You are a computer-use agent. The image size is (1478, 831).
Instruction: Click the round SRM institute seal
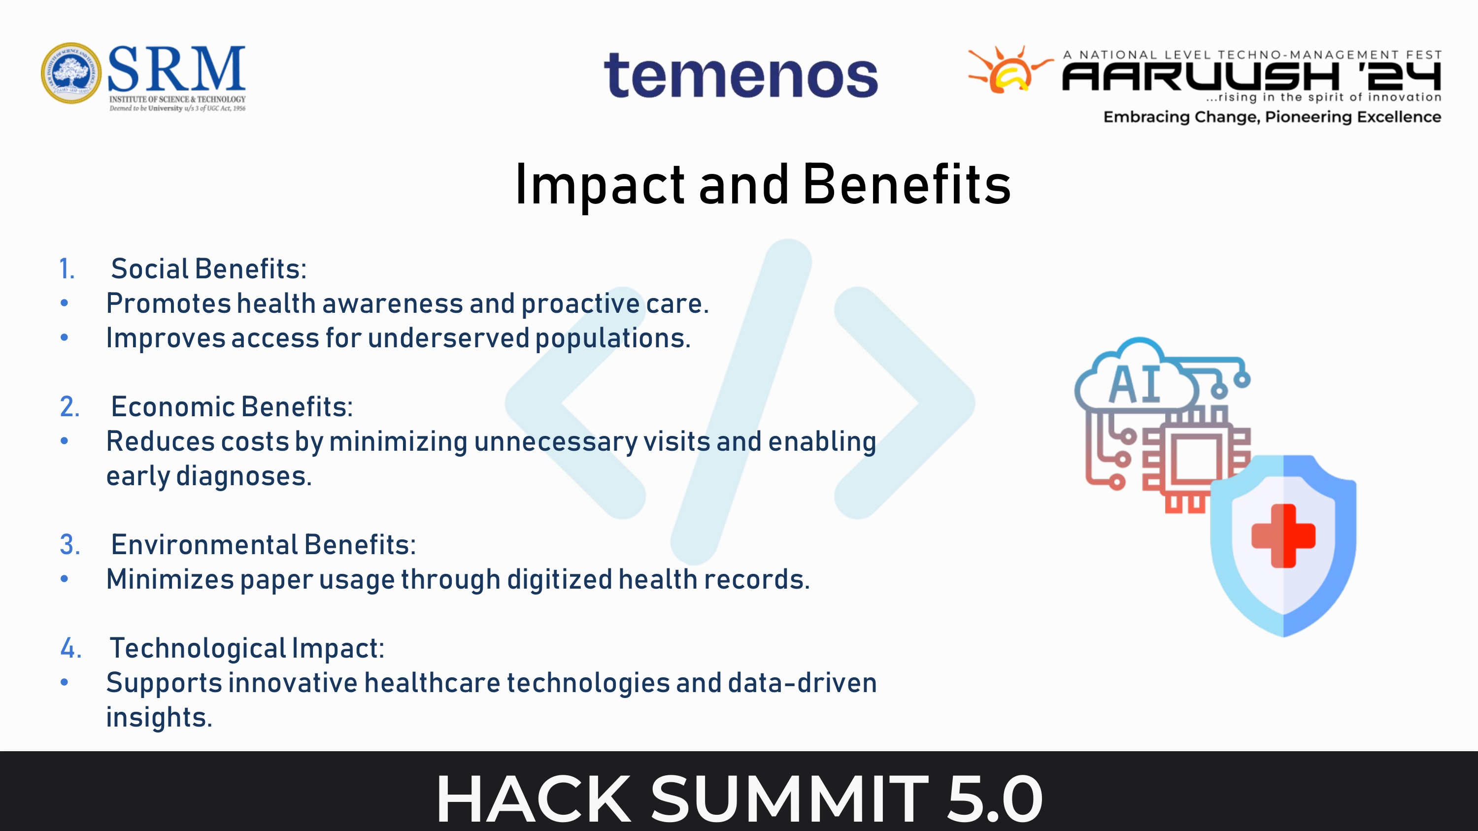pos(71,73)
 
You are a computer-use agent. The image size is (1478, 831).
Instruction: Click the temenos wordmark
pos(740,76)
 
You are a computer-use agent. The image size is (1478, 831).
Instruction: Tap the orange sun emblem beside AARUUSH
pos(1010,69)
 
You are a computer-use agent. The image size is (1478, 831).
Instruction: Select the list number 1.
pos(67,269)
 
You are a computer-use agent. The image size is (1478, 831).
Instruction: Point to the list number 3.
pos(70,544)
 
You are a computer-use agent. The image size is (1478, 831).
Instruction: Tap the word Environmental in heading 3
pos(204,544)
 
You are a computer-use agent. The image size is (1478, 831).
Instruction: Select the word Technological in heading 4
pos(198,649)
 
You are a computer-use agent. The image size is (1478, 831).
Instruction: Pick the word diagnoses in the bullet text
pos(244,476)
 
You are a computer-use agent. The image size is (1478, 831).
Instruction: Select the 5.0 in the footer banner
pos(994,798)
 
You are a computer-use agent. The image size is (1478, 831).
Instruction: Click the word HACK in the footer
pos(534,798)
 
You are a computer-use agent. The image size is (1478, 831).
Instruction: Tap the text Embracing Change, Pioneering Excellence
pos(1272,117)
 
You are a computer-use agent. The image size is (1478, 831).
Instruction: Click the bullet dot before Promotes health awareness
pos(64,303)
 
